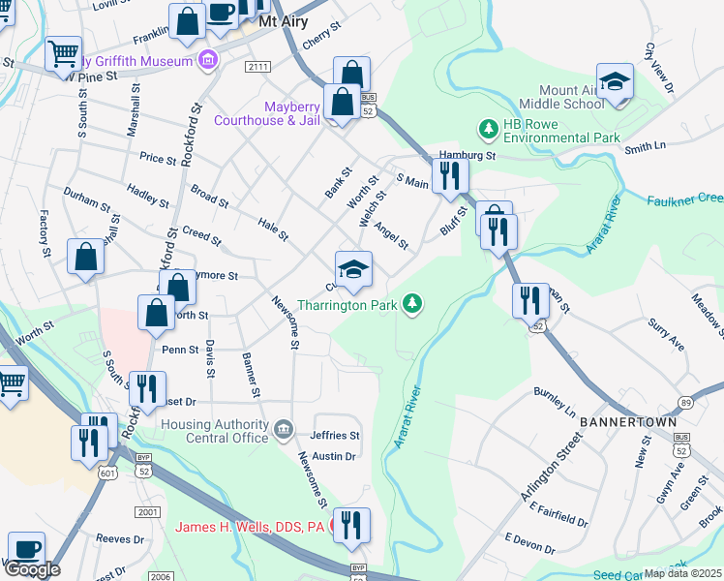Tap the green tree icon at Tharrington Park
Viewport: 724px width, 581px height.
point(413,304)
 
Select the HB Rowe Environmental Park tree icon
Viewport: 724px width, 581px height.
point(489,128)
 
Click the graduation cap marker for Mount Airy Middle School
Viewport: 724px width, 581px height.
point(613,83)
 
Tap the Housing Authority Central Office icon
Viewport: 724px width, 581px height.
point(283,429)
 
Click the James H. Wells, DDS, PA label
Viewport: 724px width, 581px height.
point(251,528)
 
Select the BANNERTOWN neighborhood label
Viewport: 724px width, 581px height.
point(620,424)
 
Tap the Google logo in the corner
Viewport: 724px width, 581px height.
point(32,569)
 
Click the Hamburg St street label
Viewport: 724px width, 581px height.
point(467,155)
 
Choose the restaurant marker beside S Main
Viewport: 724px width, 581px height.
point(449,175)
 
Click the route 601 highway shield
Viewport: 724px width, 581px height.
point(107,471)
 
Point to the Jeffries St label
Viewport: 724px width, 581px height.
point(335,436)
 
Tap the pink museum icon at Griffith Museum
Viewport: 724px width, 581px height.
point(206,62)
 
